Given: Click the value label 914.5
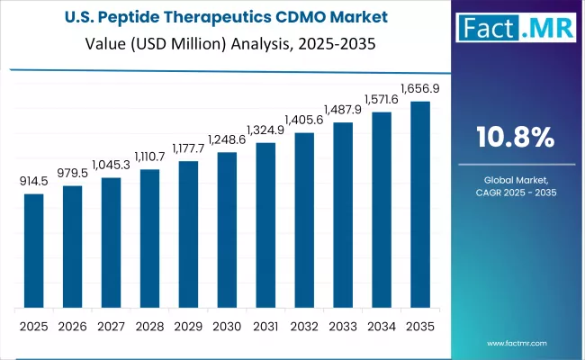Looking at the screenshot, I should point(33,182).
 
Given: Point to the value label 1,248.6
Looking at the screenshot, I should point(227,140).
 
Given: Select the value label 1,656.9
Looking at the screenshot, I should point(420,89).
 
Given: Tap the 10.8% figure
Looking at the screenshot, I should point(516,137).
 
